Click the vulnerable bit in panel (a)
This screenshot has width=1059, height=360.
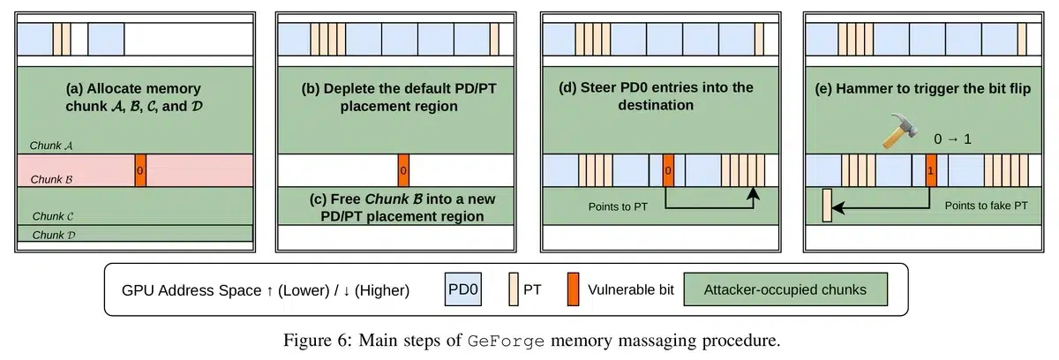[x=140, y=169]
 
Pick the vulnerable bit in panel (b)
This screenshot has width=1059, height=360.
[x=403, y=169]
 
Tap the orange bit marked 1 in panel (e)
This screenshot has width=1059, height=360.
[x=931, y=169]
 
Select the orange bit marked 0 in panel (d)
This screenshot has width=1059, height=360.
[x=667, y=169]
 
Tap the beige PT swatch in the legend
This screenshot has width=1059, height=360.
[x=516, y=289]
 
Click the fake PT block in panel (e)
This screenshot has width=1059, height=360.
[x=827, y=204]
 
